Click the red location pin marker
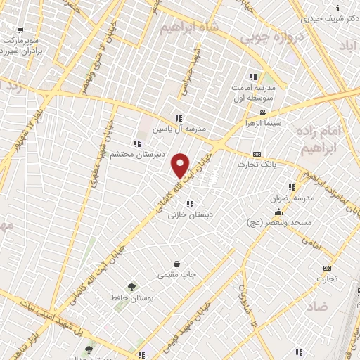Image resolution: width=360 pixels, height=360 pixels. tap(181, 164)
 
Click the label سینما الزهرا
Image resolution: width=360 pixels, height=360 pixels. tap(263, 123)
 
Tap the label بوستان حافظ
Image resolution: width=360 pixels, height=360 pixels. tap(131, 299)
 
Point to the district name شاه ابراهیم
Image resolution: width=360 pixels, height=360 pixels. tap(190, 27)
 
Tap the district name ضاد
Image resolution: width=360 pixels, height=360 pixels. tap(317, 306)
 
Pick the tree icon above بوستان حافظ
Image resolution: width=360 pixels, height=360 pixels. tap(131, 287)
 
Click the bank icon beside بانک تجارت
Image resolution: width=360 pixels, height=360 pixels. tap(257, 155)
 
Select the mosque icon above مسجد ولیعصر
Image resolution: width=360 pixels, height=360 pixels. tap(278, 212)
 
